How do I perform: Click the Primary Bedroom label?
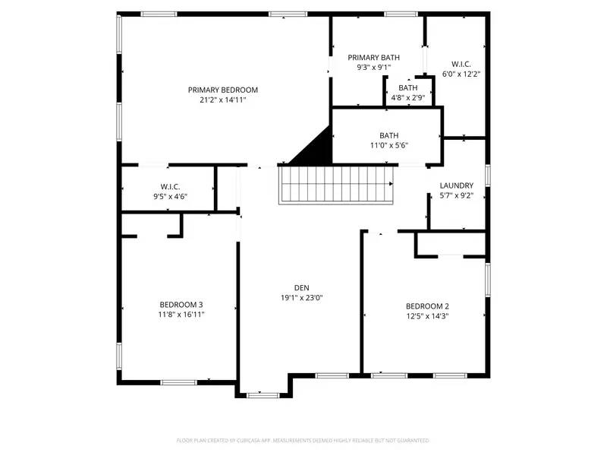tap(223, 90)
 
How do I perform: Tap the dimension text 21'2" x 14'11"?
tap(223, 100)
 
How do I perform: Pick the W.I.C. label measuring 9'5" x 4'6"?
tap(170, 186)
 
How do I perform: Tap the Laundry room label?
tap(457, 185)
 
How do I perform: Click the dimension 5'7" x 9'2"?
tap(457, 195)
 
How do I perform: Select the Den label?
tap(302, 287)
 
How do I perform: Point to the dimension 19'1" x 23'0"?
tap(302, 297)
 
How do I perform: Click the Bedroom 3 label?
tap(181, 305)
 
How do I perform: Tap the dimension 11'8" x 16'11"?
tap(181, 315)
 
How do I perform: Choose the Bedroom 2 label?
tap(428, 306)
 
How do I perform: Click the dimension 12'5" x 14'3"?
tap(428, 316)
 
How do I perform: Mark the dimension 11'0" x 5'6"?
tap(388, 146)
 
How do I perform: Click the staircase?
tap(337, 185)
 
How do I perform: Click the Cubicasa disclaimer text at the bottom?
tap(303, 440)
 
